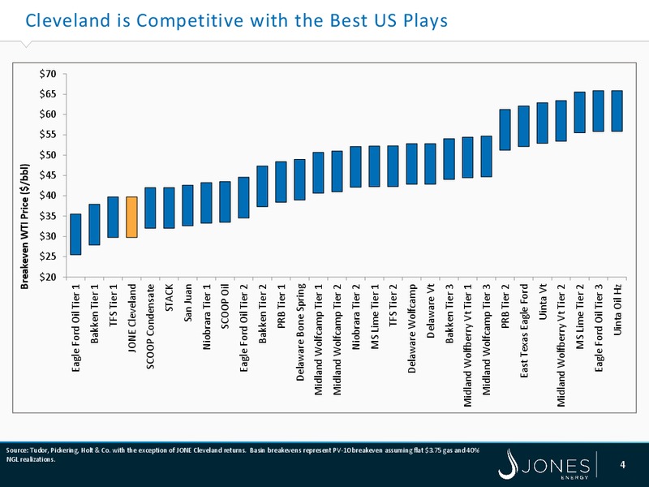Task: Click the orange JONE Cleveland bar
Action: pyautogui.click(x=131, y=217)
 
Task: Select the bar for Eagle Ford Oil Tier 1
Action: pyautogui.click(x=75, y=235)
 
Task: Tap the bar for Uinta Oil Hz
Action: pyautogui.click(x=617, y=111)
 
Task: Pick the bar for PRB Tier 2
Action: pyautogui.click(x=505, y=130)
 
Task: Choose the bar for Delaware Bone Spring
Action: pyautogui.click(x=299, y=179)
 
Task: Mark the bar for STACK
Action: pyautogui.click(x=169, y=208)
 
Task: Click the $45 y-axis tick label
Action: pyautogui.click(x=48, y=175)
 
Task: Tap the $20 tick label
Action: pyautogui.click(x=48, y=277)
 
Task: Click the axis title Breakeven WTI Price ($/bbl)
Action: pyautogui.click(x=25, y=226)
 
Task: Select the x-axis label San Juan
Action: pyautogui.click(x=188, y=303)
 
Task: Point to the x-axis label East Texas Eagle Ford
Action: pyautogui.click(x=524, y=330)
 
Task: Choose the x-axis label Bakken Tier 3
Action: pyautogui.click(x=449, y=313)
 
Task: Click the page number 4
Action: pyautogui.click(x=622, y=464)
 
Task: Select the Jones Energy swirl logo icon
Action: pyautogui.click(x=509, y=464)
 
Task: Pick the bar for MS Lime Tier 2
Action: pyautogui.click(x=580, y=112)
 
